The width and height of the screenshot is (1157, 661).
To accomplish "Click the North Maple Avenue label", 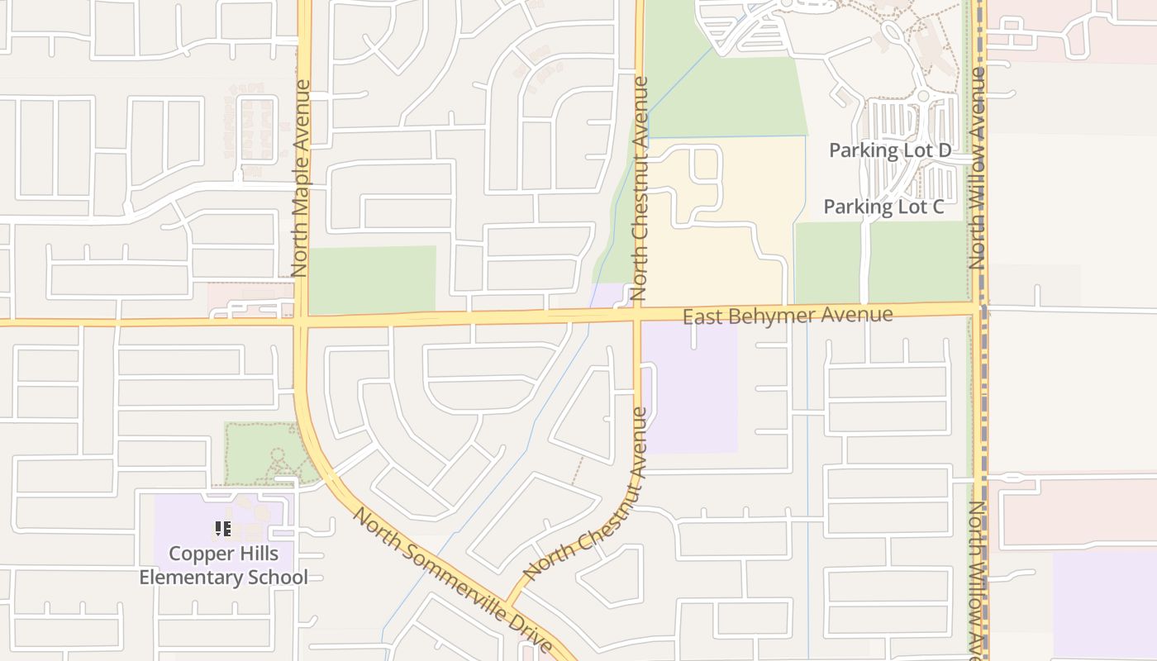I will tap(300, 178).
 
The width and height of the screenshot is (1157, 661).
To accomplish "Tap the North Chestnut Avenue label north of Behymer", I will tap(639, 188).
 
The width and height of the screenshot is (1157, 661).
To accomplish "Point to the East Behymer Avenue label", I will tap(788, 315).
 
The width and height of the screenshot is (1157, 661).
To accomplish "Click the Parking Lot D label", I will tap(889, 150).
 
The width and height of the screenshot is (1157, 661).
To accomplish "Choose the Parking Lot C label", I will tap(883, 207).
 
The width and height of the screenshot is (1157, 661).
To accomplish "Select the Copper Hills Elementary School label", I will tap(223, 565).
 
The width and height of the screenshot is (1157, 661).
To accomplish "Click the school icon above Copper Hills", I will tap(223, 529).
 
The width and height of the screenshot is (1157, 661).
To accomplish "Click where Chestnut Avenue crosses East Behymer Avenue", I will tap(638, 313).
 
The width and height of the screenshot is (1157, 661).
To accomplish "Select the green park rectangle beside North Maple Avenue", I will tap(372, 279).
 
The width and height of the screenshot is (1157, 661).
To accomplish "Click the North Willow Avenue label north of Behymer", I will tap(978, 168).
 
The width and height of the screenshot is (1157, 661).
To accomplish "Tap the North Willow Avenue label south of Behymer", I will tap(978, 578).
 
